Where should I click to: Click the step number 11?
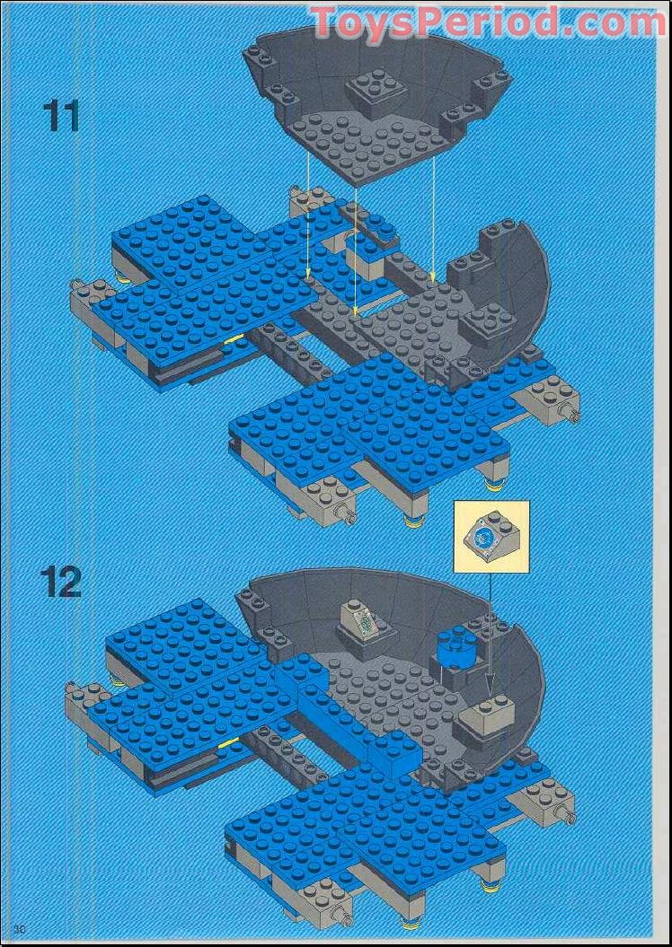click(x=61, y=116)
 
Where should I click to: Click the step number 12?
click(x=61, y=582)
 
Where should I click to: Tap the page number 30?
click(x=19, y=927)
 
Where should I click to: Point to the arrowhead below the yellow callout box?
click(x=491, y=695)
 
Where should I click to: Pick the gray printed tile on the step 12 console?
click(x=367, y=620)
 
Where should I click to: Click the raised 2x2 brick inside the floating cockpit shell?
click(x=372, y=91)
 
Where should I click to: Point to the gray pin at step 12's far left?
click(x=71, y=690)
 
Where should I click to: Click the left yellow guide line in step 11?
click(x=308, y=224)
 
